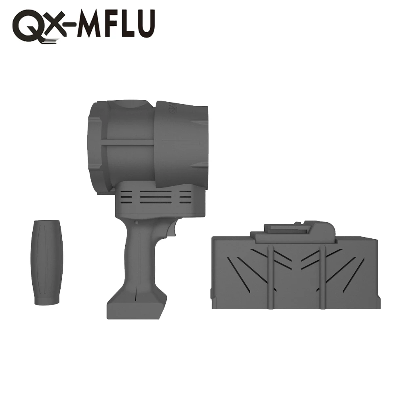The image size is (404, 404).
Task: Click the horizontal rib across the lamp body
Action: point(129,143)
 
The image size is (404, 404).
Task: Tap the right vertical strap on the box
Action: point(322,275)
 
